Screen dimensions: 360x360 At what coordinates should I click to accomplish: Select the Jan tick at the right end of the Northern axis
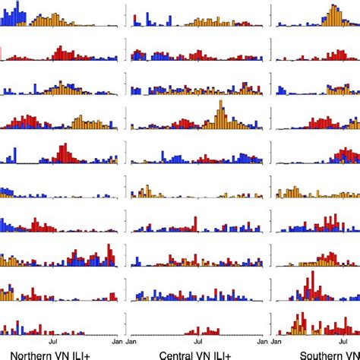116,342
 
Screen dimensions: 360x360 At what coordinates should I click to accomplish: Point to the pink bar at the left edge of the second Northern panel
2,52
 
